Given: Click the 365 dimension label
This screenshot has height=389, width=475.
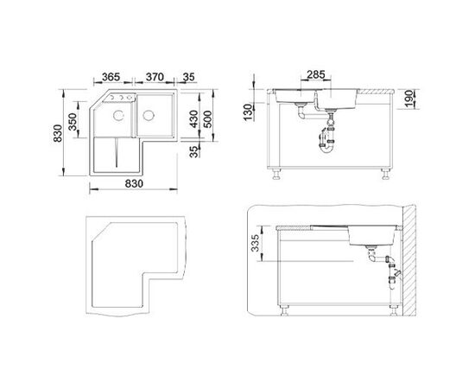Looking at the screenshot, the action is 111,77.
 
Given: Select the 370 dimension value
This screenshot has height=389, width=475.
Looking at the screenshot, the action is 155,77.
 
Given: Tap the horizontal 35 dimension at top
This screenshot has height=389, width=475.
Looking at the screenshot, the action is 188,77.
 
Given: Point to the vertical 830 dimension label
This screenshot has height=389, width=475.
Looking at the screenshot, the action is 58,133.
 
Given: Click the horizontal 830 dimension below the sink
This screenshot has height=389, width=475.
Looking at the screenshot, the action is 134,184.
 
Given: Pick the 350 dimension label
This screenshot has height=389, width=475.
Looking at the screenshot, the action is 73,122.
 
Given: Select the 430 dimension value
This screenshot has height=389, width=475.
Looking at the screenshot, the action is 193,118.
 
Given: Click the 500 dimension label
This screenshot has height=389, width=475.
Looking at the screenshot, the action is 208,118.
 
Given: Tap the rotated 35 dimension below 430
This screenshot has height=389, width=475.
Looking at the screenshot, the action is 195,151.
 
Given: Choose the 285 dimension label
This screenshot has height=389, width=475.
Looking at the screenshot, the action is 315,74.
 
